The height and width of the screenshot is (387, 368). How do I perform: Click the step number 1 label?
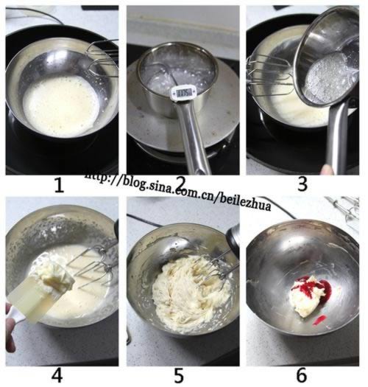coord(59,185)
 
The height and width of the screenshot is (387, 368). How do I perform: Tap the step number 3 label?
coord(302,184)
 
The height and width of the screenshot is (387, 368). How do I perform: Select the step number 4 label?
coord(57,375)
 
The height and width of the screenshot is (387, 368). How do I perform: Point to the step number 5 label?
coord(179,376)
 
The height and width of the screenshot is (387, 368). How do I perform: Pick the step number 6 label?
coord(301,375)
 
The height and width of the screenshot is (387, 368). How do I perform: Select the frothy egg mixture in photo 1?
coord(60,105)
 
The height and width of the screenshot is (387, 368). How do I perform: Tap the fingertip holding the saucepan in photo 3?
coord(328,170)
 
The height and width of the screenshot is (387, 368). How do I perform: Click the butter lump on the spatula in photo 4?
coord(53,273)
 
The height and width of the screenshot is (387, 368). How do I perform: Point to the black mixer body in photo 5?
coord(233,237)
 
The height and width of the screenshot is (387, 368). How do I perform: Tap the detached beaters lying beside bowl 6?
coord(344,212)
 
